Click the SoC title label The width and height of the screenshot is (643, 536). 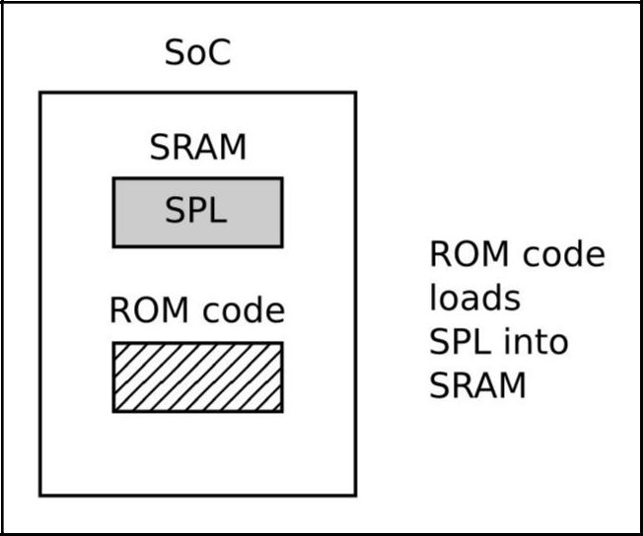[x=197, y=53]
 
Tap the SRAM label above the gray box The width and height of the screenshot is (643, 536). [x=197, y=148]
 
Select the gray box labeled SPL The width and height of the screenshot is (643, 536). [x=197, y=212]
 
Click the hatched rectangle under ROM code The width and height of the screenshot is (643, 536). [x=197, y=376]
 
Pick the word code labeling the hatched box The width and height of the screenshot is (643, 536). [x=243, y=311]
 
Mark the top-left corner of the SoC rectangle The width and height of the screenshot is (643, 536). [x=40, y=93]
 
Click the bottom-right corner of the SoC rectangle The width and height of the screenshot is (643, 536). [x=355, y=495]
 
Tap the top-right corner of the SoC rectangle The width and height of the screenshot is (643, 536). [x=355, y=93]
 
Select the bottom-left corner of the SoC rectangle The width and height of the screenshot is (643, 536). [x=40, y=495]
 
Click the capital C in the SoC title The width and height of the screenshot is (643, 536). [x=218, y=53]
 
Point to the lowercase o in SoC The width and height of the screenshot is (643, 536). [x=197, y=56]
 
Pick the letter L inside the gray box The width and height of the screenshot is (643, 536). [x=218, y=212]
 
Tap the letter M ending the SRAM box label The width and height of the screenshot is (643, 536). [x=233, y=148]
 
